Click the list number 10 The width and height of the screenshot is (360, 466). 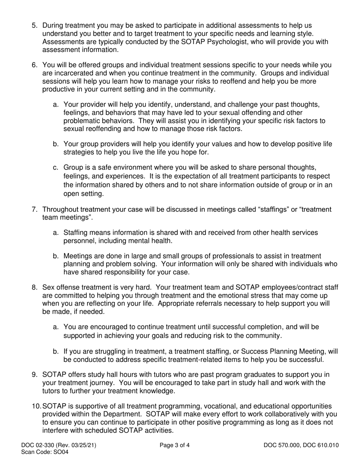pyautogui.click(x=37, y=407)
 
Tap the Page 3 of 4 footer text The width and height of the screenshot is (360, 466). pyautogui.click(x=175, y=446)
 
